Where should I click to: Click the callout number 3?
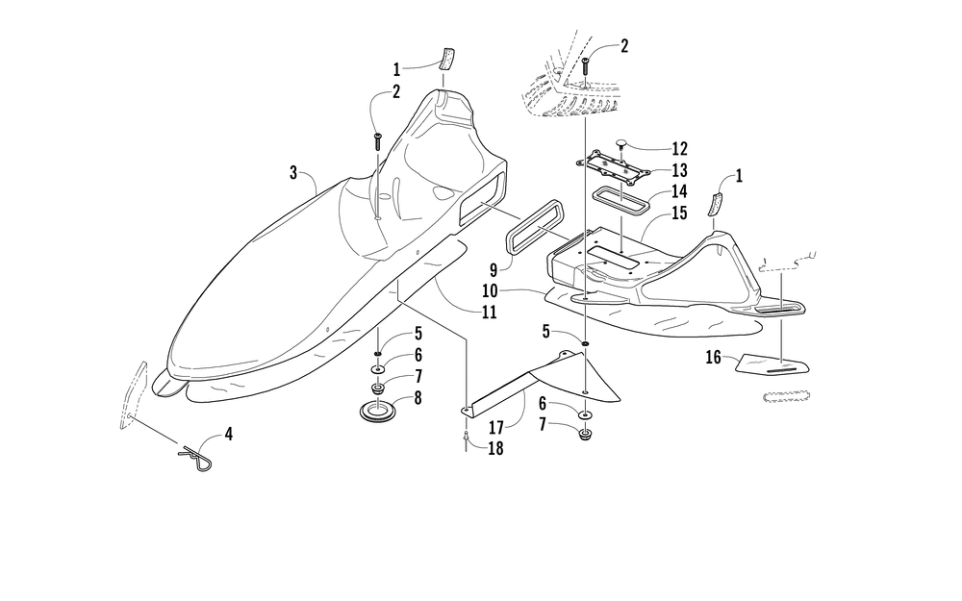[x=293, y=173]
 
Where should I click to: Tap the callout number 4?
[x=228, y=435]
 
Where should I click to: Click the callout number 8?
[x=418, y=398]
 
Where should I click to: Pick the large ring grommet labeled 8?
[x=377, y=411]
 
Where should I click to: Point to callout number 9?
[x=494, y=270]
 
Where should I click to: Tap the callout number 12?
[x=679, y=149]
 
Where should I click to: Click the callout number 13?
[x=679, y=170]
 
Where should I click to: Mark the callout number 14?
[x=679, y=192]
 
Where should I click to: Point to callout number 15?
[x=679, y=213]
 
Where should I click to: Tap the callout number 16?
[x=713, y=357]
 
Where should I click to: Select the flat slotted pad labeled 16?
[x=772, y=364]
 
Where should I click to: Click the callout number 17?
[x=497, y=428]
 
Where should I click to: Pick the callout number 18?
[x=495, y=449]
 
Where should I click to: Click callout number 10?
[x=490, y=290]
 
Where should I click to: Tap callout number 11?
[x=489, y=313]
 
